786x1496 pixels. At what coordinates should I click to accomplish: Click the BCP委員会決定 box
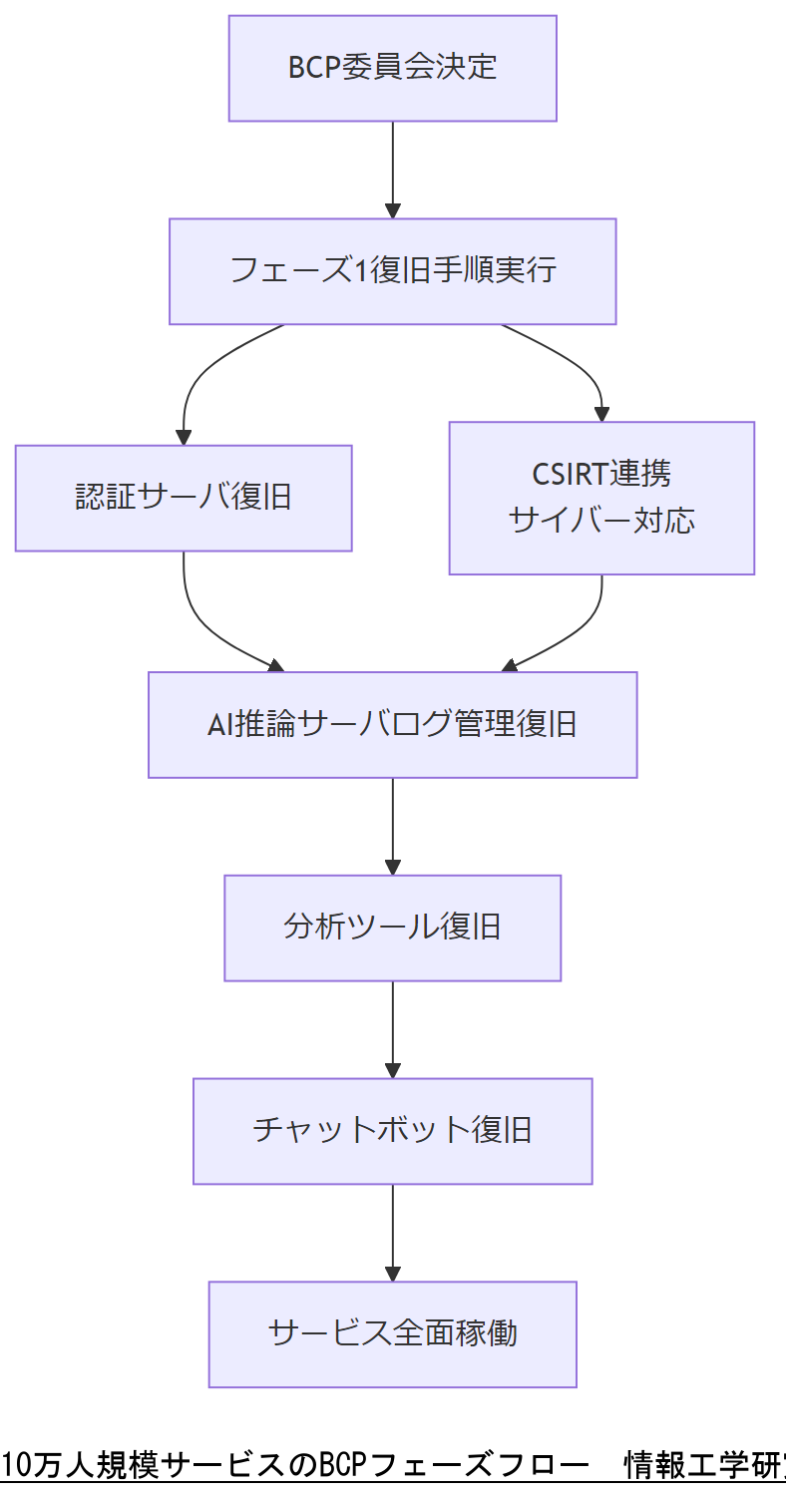392,68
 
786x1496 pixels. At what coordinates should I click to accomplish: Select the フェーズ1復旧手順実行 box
392,271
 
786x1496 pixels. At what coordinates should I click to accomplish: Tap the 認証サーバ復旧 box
184,498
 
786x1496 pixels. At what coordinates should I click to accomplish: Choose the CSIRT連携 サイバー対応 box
601,498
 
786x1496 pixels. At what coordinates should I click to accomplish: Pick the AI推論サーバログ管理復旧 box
392,724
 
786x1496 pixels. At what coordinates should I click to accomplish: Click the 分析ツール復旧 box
392,928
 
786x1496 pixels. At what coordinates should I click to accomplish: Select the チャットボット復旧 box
392,1131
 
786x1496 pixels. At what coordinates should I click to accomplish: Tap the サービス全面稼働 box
392,1333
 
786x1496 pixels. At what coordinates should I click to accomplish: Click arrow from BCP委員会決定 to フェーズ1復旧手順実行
392,170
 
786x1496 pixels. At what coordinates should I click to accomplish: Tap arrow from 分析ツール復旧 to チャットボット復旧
392,1029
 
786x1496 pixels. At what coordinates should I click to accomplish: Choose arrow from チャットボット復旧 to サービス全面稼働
392,1232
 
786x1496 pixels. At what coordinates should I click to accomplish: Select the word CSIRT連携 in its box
601,473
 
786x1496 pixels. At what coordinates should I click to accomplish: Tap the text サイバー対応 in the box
601,521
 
